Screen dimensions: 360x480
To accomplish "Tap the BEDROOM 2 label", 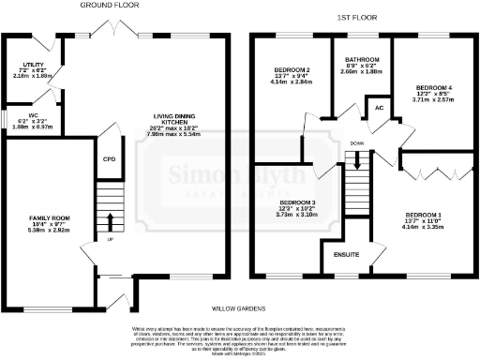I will (x=292, y=70).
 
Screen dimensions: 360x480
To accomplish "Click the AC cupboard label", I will (x=381, y=106).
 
